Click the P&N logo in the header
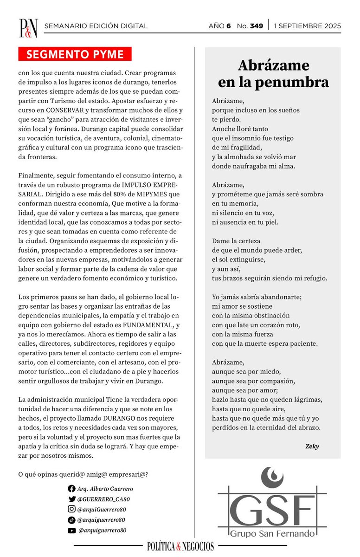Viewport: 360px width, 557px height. pos(28,27)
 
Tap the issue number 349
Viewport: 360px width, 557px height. pos(256,26)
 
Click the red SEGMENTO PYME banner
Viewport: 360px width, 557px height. pos(75,54)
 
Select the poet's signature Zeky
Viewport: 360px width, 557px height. pos(312,447)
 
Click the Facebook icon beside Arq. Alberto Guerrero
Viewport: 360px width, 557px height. pos(71,489)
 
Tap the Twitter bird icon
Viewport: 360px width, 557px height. pos(71,499)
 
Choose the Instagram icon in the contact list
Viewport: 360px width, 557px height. pos(71,509)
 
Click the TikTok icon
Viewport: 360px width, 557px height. pos(71,520)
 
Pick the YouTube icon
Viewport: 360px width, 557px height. pos(71,530)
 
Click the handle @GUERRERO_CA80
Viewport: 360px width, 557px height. pos(104,499)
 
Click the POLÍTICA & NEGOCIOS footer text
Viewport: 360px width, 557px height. pos(180,546)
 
